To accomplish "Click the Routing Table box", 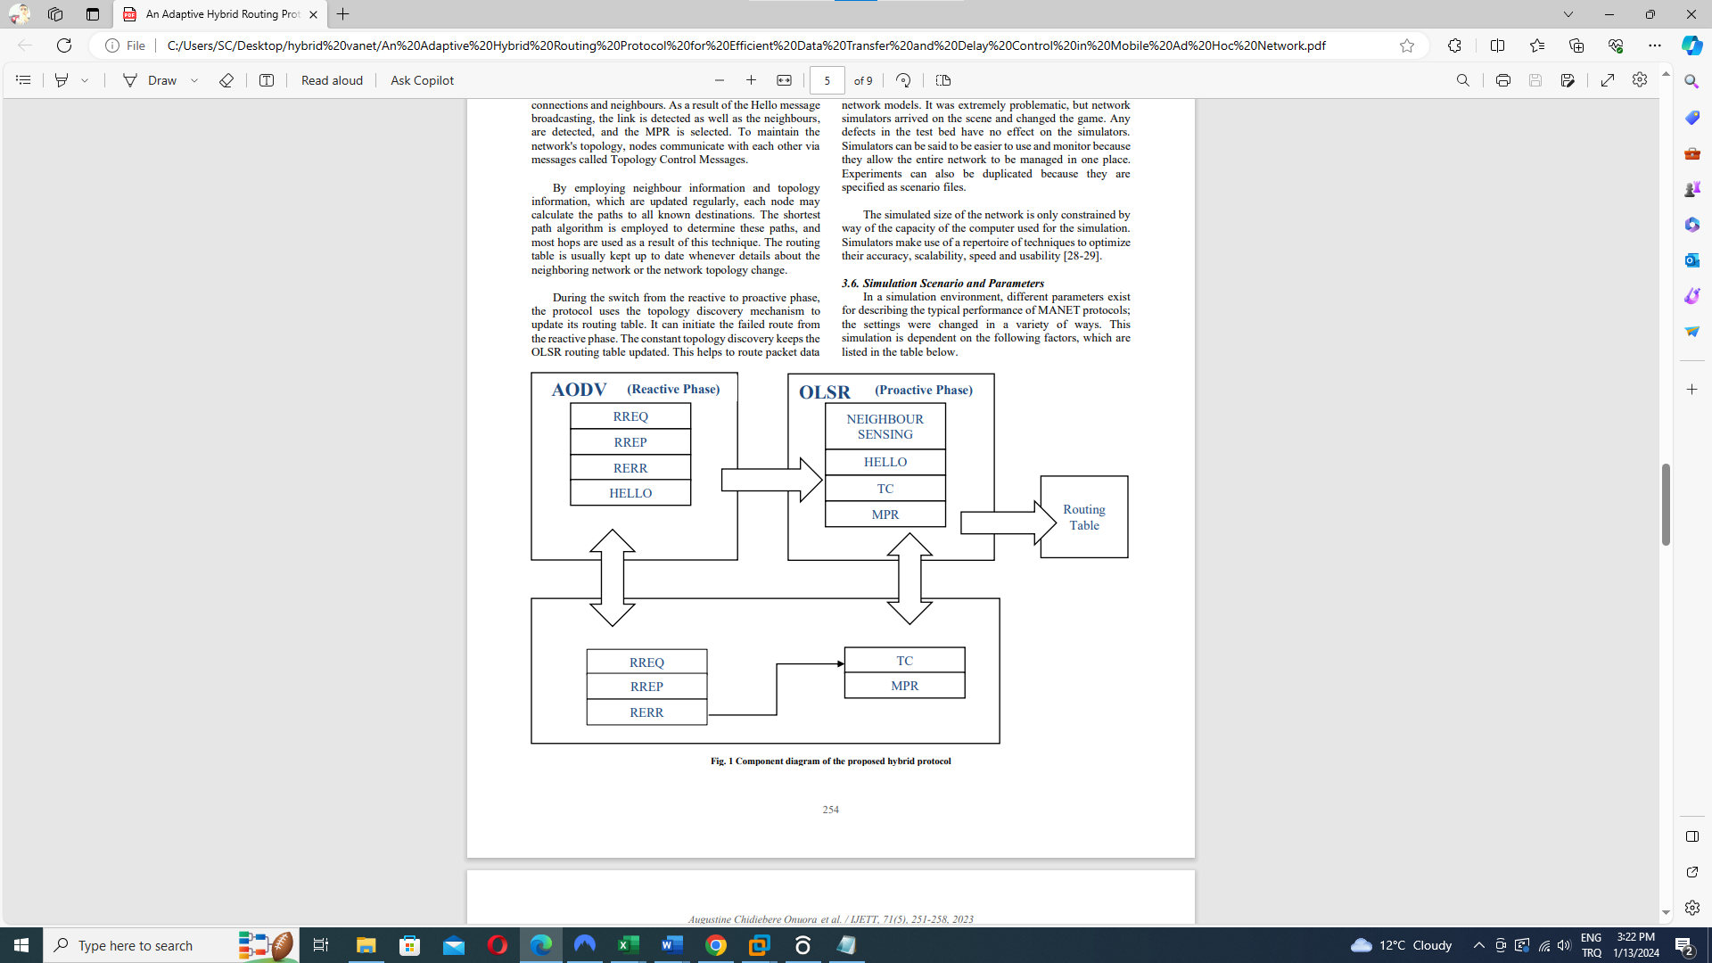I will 1083,517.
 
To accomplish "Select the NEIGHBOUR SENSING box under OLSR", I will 885,426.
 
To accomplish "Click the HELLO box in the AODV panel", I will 630,493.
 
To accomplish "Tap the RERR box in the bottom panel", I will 646,712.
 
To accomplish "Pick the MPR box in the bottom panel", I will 904,686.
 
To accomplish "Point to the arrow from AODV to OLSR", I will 770,480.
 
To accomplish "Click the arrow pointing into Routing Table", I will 1007,523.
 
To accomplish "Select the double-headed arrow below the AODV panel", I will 612,578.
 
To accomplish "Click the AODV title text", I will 579,390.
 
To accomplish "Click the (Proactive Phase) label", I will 923,390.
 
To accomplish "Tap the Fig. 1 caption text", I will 830,761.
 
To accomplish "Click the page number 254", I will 830,810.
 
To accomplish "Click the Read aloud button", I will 332,80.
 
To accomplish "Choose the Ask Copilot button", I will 422,80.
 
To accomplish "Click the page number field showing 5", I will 827,80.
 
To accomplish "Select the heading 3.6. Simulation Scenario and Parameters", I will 942,283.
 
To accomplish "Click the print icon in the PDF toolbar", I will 1502,80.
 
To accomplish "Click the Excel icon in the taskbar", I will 628,945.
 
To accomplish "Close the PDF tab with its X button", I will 313,14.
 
